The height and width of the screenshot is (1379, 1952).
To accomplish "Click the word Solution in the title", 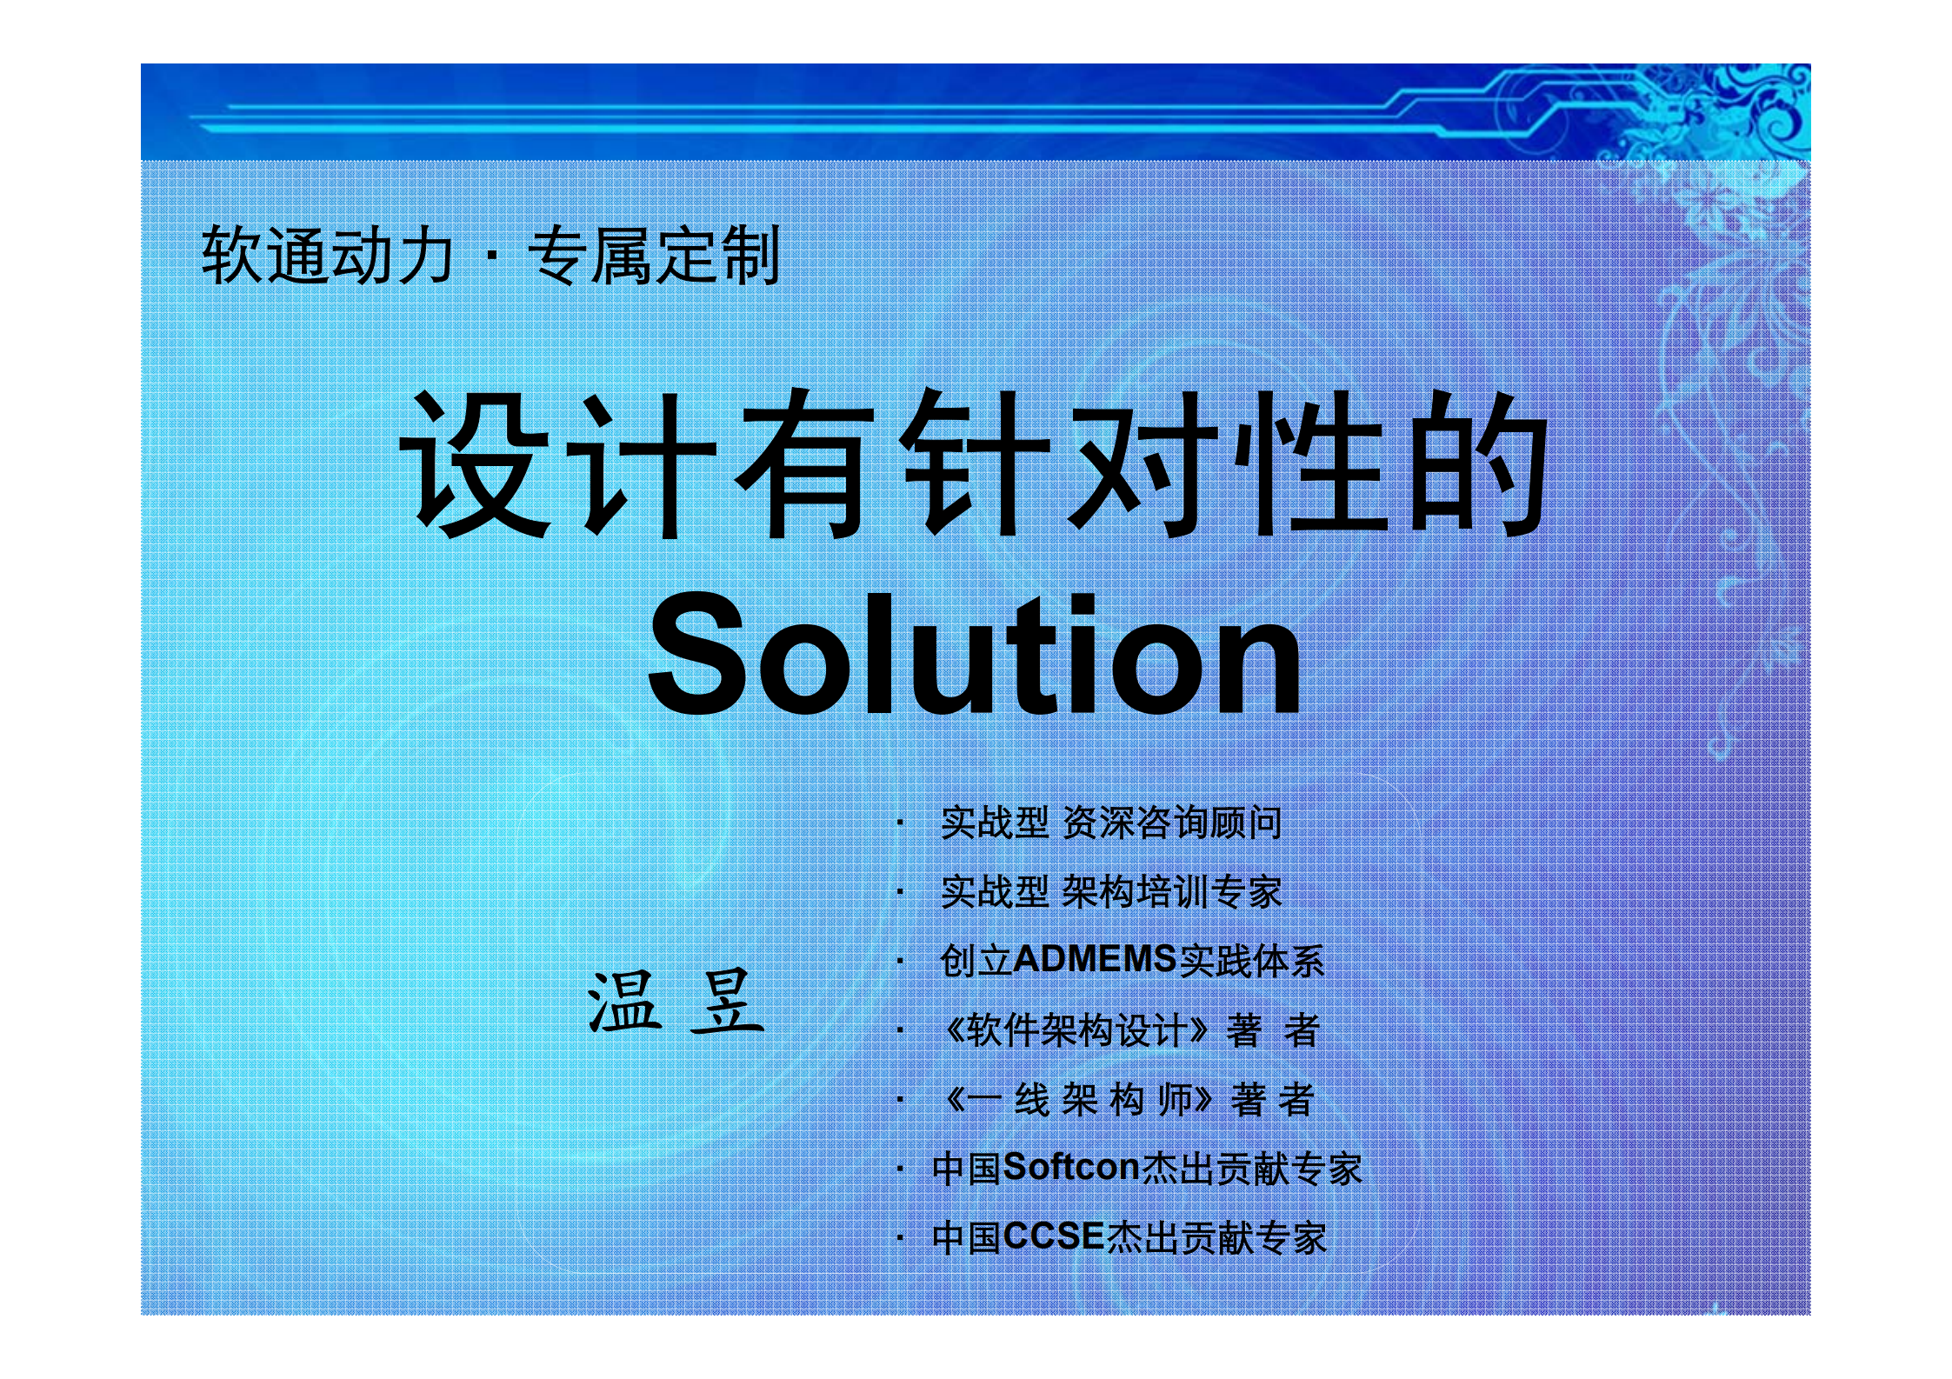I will [974, 654].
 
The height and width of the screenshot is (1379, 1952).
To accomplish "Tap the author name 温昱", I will [675, 1003].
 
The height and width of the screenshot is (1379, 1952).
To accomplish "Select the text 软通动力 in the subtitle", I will [327, 256].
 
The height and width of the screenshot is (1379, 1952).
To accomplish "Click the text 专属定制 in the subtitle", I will [654, 256].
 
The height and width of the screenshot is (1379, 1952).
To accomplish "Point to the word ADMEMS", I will [1095, 960].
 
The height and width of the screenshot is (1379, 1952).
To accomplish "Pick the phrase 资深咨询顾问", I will [1172, 823].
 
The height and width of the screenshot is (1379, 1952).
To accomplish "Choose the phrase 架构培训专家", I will [1172, 892].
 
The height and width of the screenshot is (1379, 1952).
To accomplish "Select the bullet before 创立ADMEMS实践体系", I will [901, 962].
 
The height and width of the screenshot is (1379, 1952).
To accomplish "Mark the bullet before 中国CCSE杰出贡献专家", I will [901, 1238].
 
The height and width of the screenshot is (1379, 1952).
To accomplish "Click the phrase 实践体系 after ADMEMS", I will [1252, 960].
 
